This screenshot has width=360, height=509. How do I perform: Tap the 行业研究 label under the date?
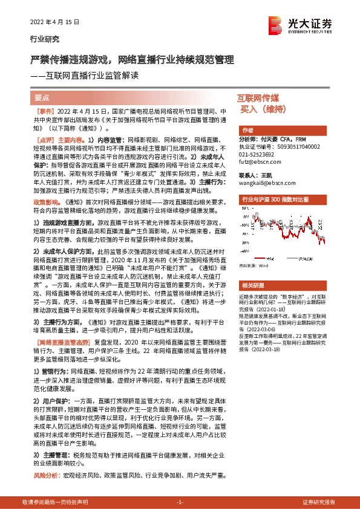tap(45, 39)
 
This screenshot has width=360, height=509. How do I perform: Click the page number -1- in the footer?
tap(180, 503)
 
